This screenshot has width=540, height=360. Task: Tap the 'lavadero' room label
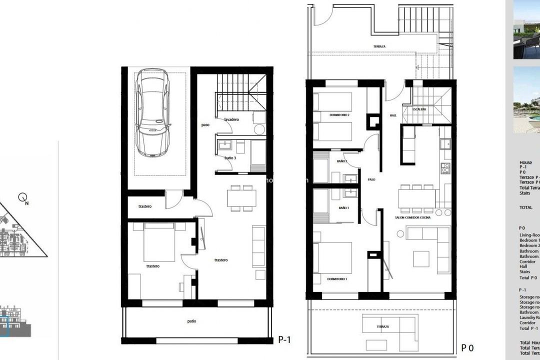click(x=231, y=119)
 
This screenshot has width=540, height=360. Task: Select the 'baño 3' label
click(x=231, y=158)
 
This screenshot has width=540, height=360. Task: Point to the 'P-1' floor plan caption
click(x=284, y=340)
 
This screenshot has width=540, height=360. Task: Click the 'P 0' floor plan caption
click(x=467, y=347)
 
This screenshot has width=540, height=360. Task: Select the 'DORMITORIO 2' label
click(x=339, y=115)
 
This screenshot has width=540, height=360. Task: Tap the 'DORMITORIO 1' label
click(x=337, y=278)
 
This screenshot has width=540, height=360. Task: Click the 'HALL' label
click(x=393, y=115)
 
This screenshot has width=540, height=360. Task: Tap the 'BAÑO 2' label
click(x=342, y=161)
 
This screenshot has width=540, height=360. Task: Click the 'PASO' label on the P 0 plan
click(x=371, y=179)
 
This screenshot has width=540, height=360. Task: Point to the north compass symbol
click(x=23, y=199)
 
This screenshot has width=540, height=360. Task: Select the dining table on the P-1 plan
click(x=242, y=198)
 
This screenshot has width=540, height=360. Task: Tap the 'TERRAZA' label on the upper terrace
click(x=379, y=46)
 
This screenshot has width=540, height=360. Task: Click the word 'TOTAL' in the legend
click(x=525, y=207)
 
